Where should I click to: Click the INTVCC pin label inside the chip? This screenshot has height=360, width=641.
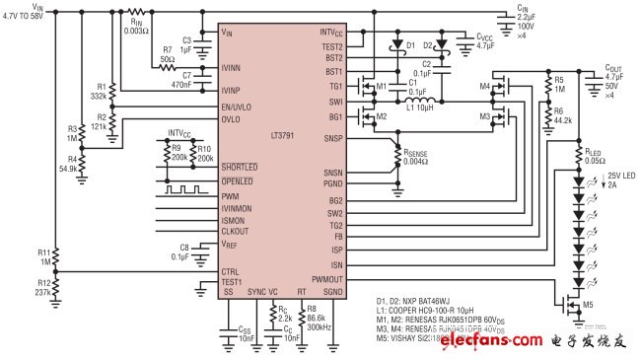pyautogui.click(x=329, y=33)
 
